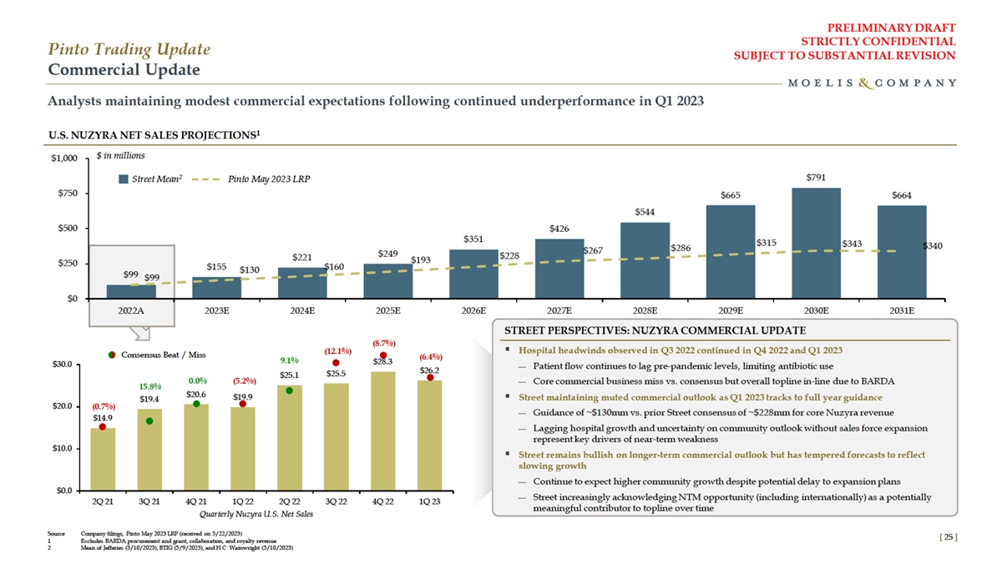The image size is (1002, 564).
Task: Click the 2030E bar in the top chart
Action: click(816, 243)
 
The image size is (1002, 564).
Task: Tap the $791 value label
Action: click(817, 178)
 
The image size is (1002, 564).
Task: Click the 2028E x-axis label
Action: click(645, 310)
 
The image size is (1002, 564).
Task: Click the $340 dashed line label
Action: click(934, 246)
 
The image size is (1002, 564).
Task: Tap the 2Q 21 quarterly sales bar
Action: click(103, 459)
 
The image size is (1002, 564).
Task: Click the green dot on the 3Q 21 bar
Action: click(149, 421)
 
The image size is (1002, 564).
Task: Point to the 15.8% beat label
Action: click(149, 386)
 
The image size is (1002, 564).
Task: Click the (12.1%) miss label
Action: click(336, 350)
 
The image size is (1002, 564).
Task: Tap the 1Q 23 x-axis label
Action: click(429, 501)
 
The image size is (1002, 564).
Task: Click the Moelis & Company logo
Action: click(872, 83)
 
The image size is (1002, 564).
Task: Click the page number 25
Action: click(946, 538)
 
